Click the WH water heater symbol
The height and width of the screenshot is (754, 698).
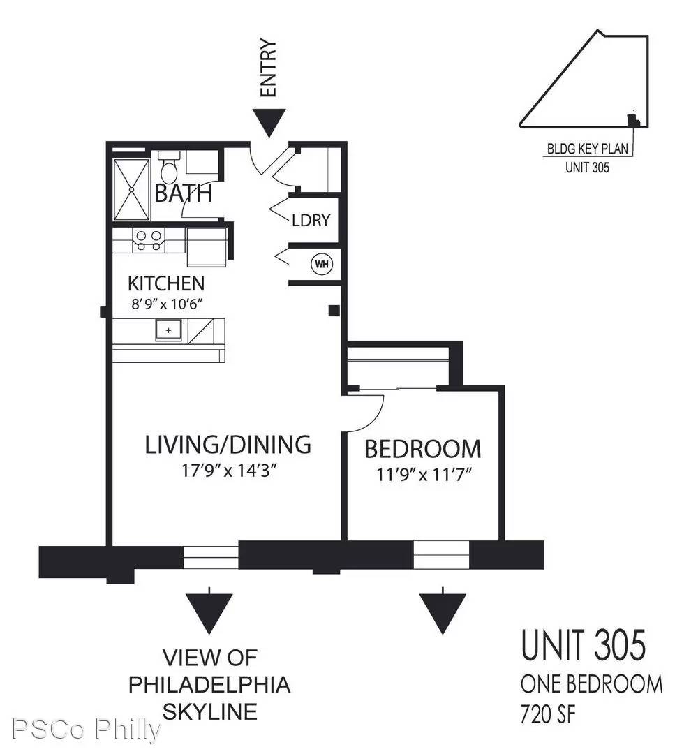click(322, 264)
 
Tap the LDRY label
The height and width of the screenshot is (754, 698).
click(311, 221)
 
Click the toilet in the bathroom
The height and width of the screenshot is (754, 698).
click(169, 168)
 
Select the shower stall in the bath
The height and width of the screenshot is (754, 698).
click(131, 189)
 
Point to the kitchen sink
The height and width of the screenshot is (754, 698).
click(168, 330)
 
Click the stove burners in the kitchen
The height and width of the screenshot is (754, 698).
click(149, 240)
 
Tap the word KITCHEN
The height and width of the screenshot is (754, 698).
click(166, 283)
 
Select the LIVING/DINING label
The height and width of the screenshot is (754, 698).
click(228, 445)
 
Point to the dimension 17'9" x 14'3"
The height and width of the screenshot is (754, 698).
click(230, 471)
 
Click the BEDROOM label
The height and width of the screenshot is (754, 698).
click(422, 448)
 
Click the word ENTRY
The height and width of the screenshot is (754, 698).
click(269, 68)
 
